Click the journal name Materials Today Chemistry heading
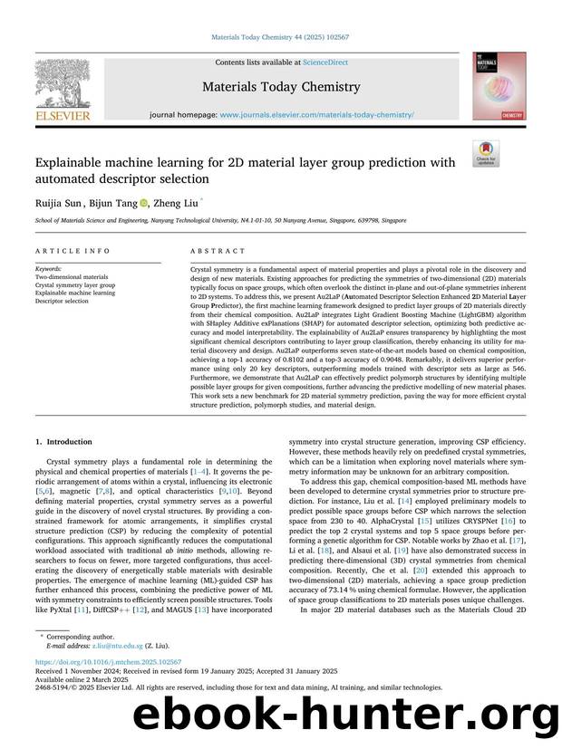point(280,88)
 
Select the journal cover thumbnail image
point(498,86)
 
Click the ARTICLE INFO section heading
point(63,251)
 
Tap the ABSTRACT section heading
point(218,251)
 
